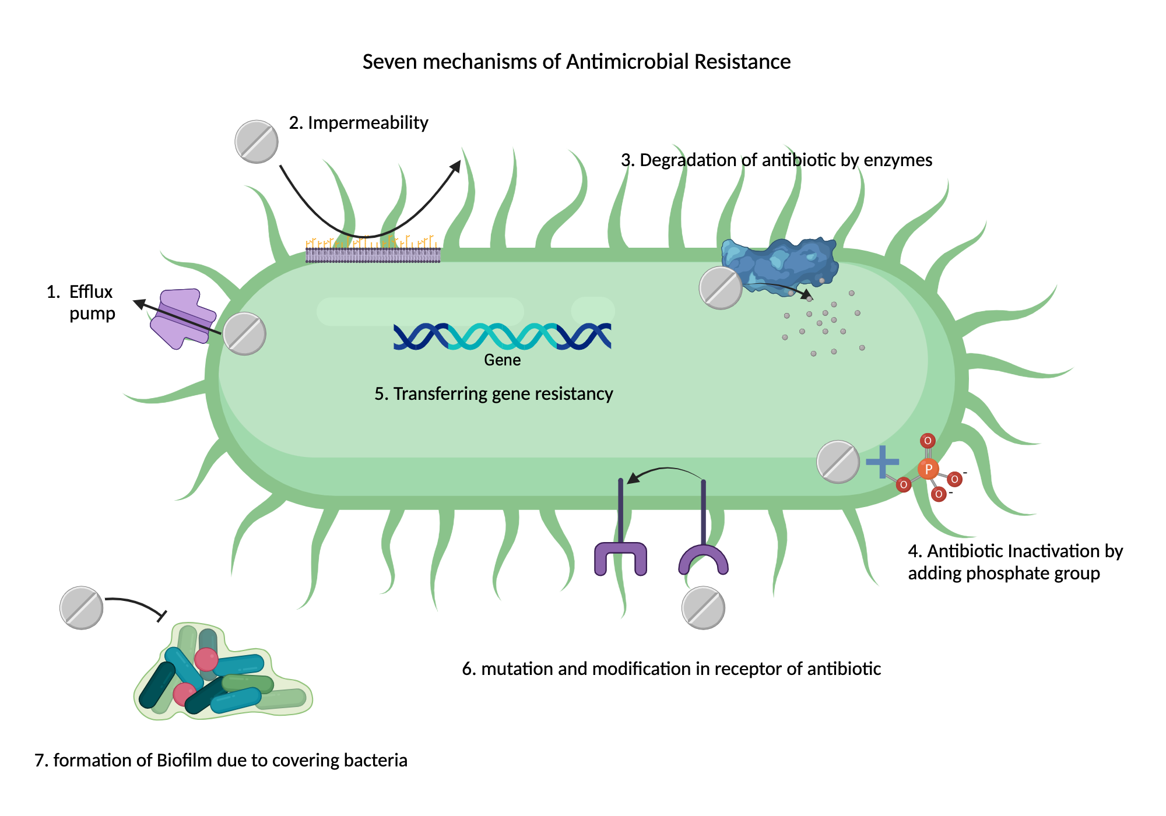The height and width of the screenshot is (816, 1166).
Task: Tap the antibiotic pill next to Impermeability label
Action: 257,142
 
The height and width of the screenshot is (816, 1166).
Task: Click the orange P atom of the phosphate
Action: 928,469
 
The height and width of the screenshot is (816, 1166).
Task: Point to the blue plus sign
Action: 882,462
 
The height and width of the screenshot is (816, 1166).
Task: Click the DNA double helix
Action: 502,336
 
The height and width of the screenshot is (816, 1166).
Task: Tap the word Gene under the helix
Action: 502,360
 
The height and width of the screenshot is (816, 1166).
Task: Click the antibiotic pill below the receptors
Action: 704,608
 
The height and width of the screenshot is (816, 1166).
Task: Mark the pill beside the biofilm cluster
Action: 82,608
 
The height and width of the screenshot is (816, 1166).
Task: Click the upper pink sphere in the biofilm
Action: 206,659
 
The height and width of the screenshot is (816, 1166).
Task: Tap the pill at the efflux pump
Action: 245,333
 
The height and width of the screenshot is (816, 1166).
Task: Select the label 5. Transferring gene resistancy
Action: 493,394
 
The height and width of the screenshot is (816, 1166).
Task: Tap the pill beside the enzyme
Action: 721,288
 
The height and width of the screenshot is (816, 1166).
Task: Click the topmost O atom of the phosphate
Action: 928,441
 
